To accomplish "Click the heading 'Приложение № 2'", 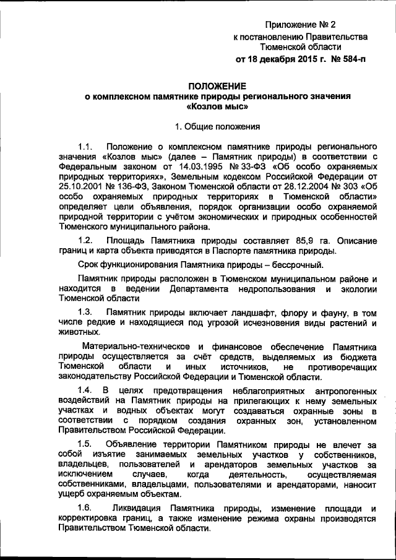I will point(299,25).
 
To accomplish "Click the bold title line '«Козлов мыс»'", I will point(217,106).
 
